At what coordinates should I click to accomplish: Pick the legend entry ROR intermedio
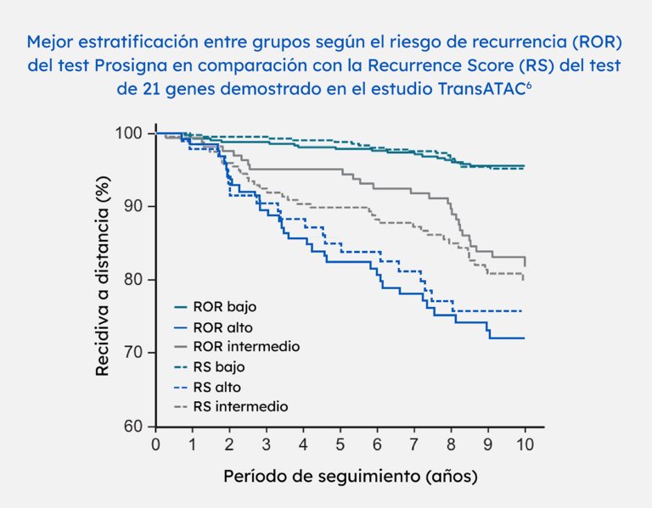246,347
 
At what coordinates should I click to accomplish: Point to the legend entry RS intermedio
241,407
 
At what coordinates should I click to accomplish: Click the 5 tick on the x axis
340,444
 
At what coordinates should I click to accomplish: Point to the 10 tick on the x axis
526,444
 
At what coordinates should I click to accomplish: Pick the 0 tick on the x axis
155,444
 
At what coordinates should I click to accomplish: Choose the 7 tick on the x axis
414,444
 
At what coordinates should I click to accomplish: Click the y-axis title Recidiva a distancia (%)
103,280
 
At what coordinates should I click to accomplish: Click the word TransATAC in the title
481,89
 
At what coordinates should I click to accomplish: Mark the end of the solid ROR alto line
525,338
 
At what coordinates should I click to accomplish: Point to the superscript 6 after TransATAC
531,85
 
